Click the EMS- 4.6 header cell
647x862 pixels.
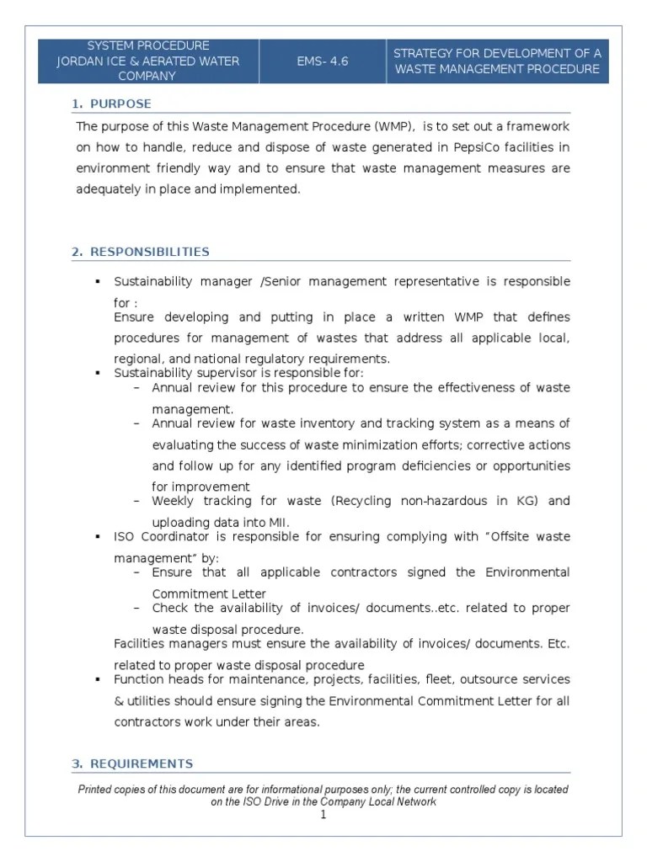(322, 61)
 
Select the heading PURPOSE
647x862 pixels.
(120, 104)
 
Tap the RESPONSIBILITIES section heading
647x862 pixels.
(150, 252)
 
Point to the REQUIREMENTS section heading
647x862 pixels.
(142, 764)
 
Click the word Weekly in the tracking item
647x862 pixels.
(172, 501)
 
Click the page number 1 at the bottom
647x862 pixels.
(323, 815)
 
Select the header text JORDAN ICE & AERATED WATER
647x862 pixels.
(147, 61)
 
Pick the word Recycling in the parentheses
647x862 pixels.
(364, 501)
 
